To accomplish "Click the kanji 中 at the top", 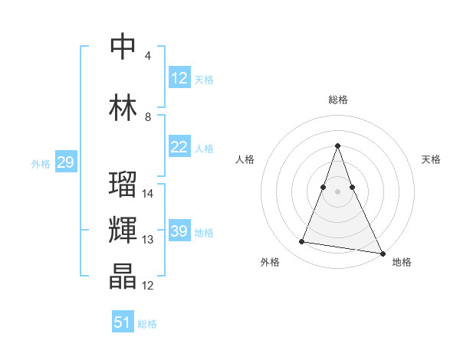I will pos(123,47).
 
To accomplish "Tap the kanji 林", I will pos(123,108).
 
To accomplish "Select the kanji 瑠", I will pos(123,185).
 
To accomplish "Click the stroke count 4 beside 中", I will pos(147,56).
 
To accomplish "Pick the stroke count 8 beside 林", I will pos(147,117).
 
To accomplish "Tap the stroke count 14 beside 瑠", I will pos(149,194).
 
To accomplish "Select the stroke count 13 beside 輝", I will pos(149,240).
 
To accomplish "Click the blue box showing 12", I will pos(179,78).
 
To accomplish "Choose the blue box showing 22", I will pos(179,147).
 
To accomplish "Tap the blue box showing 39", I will pos(179,231).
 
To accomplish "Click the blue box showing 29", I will pos(65,162).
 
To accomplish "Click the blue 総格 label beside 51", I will pos(147,324).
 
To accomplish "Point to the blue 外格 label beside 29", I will pos(41,163).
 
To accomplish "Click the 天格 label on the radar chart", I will pos(431,159).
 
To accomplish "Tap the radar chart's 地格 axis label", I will pos(402,262).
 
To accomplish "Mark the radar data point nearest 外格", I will pos(302,242).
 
